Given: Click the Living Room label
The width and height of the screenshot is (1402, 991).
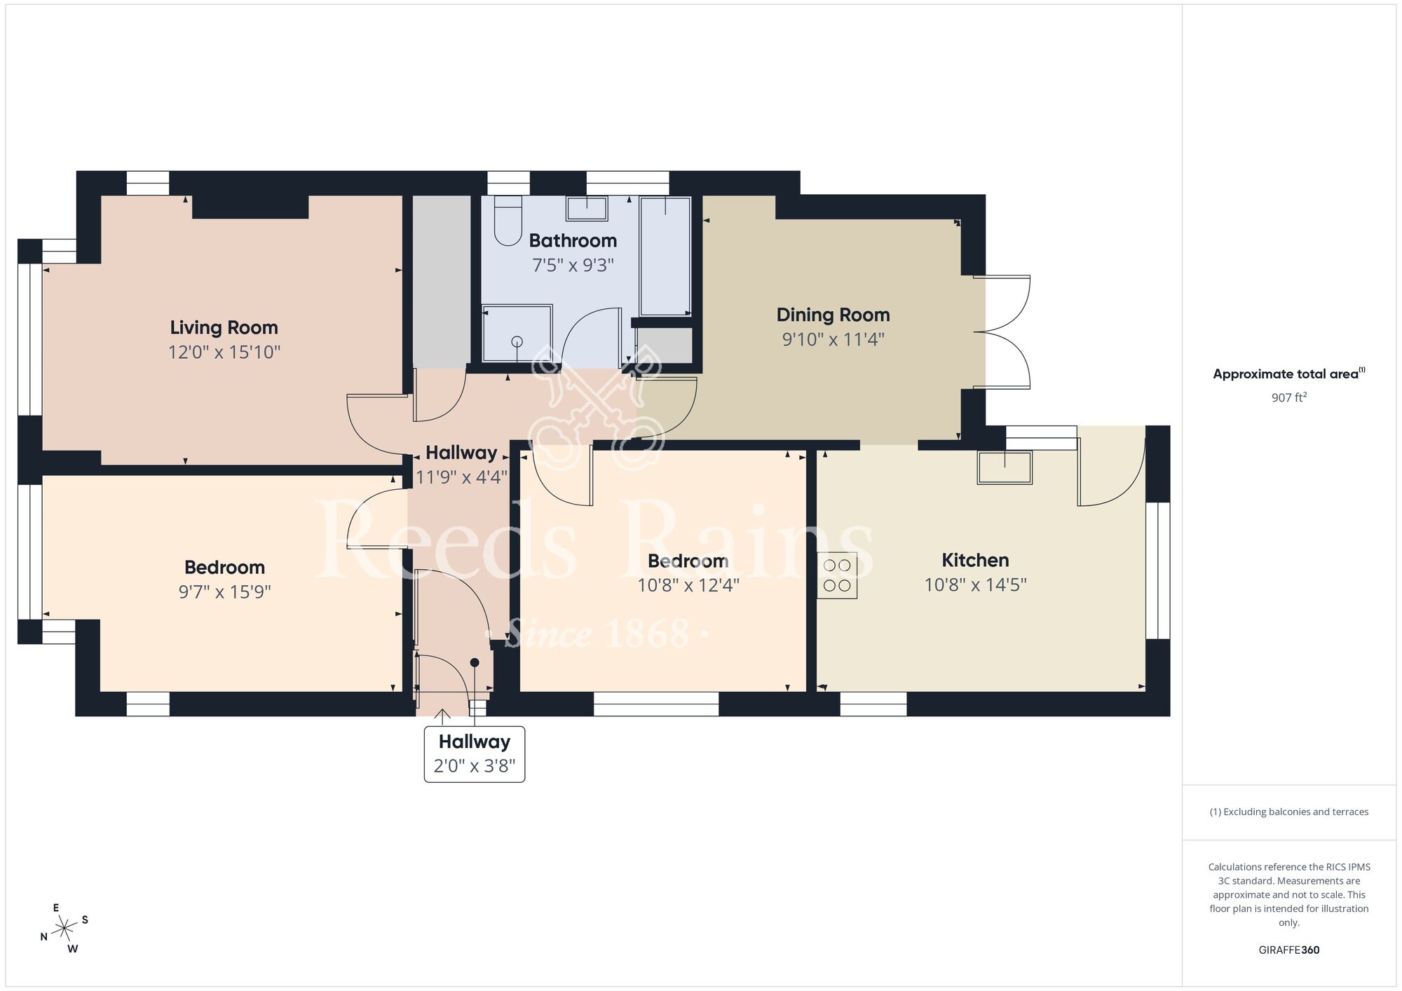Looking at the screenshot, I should (x=224, y=327).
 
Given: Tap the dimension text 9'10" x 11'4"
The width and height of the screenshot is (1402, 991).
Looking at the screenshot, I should (x=833, y=339).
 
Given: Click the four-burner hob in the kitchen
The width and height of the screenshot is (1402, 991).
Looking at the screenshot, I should (x=837, y=575).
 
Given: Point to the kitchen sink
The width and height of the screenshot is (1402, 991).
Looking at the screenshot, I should (x=1005, y=467).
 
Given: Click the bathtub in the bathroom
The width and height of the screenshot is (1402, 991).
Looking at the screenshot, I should (x=665, y=257).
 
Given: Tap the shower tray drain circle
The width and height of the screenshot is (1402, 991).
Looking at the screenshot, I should (x=517, y=341).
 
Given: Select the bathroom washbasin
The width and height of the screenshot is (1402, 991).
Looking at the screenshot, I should (x=587, y=209).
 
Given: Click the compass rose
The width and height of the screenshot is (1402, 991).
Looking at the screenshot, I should (x=64, y=929).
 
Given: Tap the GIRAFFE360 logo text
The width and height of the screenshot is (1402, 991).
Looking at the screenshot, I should (x=1288, y=950).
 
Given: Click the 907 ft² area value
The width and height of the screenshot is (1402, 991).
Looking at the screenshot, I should (x=1288, y=397).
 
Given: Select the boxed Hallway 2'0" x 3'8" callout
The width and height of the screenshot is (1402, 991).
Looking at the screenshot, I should (x=475, y=753).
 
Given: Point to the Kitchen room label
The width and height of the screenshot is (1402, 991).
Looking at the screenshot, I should (x=975, y=560).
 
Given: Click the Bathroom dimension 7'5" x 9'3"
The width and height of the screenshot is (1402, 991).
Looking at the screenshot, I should (x=573, y=265).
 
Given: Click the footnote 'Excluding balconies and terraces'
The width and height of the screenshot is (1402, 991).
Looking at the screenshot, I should (x=1288, y=812).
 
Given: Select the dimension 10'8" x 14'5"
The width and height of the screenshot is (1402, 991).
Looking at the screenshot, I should (x=975, y=585).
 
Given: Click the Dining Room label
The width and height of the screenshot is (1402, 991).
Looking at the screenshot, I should (x=833, y=315).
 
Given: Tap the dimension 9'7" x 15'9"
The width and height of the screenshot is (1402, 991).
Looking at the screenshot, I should (x=224, y=592).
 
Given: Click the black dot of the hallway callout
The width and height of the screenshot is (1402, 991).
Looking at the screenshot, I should (x=475, y=662).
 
